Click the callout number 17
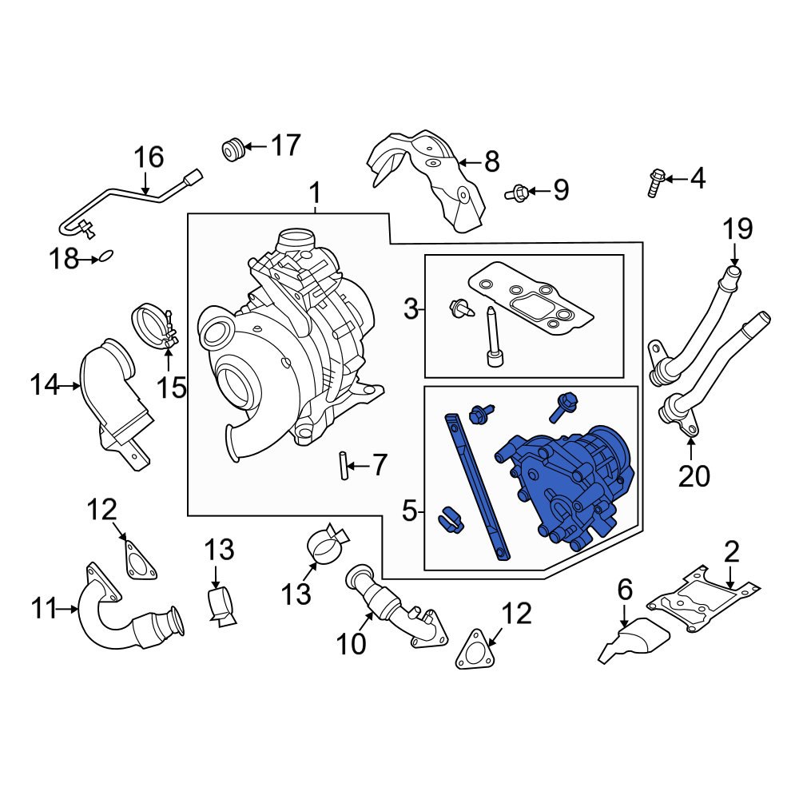pos(285,146)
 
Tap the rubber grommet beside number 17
pos(233,148)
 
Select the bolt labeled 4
pos(655,182)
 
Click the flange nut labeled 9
pos(516,192)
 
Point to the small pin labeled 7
pos(341,466)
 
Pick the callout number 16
pos(148,157)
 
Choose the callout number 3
pos(411,309)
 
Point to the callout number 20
pos(694,476)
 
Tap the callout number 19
pos(737,230)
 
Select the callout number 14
pos(46,386)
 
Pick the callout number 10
pos(351,643)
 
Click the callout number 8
pos(491,163)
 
